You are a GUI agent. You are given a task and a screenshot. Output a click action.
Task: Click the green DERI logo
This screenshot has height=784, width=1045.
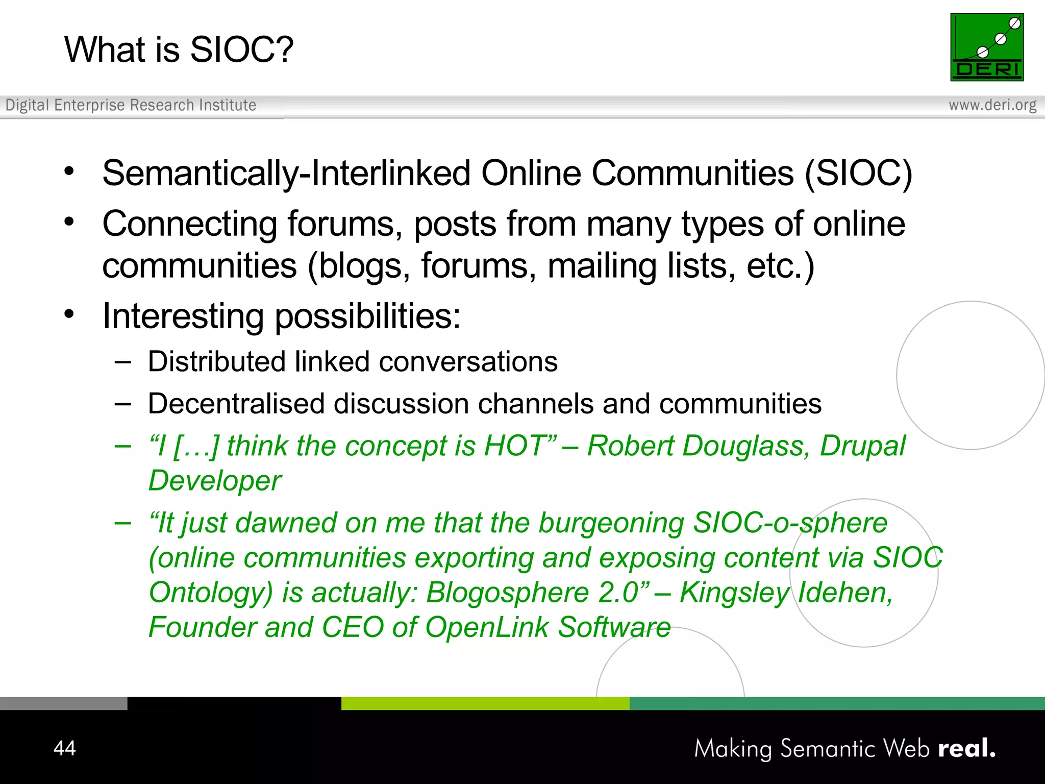pyautogui.click(x=986, y=47)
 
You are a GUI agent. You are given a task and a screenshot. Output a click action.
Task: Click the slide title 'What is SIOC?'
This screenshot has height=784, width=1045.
pyautogui.click(x=179, y=50)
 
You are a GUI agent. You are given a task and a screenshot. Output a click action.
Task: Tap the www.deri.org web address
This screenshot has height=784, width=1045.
pyautogui.click(x=992, y=105)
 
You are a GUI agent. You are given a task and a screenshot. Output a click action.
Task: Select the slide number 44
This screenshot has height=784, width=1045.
pyautogui.click(x=64, y=748)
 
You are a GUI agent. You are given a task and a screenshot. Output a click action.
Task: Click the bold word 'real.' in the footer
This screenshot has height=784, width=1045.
pyautogui.click(x=966, y=748)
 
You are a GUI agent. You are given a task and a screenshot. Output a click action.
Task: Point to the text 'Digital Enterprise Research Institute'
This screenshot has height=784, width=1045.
pyautogui.click(x=131, y=105)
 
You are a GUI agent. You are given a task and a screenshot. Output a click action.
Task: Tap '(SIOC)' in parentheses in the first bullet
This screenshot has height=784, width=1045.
pyautogui.click(x=858, y=174)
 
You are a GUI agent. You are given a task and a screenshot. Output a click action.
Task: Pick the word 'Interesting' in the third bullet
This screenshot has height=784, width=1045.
pyautogui.click(x=183, y=316)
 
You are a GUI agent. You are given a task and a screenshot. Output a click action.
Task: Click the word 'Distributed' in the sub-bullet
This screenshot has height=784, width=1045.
pyautogui.click(x=216, y=362)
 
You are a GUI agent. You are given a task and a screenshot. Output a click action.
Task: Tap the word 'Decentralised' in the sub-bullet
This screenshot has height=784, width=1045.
pyautogui.click(x=236, y=404)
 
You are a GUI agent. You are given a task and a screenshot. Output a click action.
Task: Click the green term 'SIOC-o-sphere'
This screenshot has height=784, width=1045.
pyautogui.click(x=790, y=523)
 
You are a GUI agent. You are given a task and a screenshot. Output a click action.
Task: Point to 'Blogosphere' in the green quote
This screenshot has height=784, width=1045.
pyautogui.click(x=508, y=593)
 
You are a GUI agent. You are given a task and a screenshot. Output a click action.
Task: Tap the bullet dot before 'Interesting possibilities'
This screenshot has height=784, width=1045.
pyautogui.click(x=69, y=314)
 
